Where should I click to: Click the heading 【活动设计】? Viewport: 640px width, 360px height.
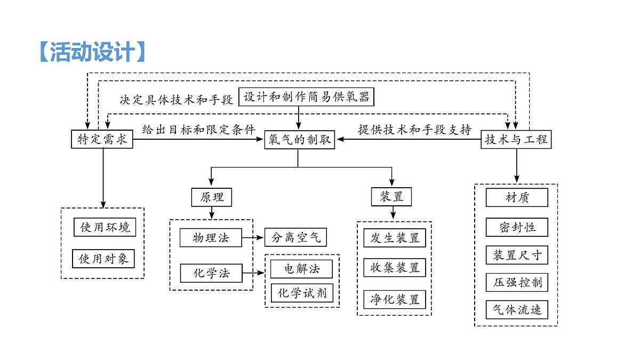pyautogui.click(x=92, y=52)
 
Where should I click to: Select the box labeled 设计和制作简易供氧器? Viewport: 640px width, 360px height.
pyautogui.click(x=306, y=97)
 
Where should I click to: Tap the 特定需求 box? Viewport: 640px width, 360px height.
pyautogui.click(x=102, y=140)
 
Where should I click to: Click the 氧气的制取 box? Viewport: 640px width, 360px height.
pyautogui.click(x=298, y=140)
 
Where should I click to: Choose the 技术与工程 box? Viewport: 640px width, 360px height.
pyautogui.click(x=516, y=140)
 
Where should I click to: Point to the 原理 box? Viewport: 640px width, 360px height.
pyautogui.click(x=212, y=197)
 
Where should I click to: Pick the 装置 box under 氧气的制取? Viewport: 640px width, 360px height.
pyautogui.click(x=392, y=197)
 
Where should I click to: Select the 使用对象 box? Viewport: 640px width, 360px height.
pyautogui.click(x=103, y=259)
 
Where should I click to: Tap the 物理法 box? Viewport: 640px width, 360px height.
pyautogui.click(x=211, y=237)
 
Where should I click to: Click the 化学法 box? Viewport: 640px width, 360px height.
pyautogui.click(x=211, y=274)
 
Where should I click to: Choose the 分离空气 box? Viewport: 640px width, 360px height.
pyautogui.click(x=295, y=237)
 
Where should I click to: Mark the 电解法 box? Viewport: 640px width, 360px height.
pyautogui.click(x=302, y=269)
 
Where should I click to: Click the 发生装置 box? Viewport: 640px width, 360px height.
pyautogui.click(x=395, y=237)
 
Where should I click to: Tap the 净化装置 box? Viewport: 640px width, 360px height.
pyautogui.click(x=395, y=299)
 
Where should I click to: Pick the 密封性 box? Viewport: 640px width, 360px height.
pyautogui.click(x=517, y=227)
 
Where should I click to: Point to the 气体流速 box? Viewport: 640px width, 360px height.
pyautogui.click(x=517, y=309)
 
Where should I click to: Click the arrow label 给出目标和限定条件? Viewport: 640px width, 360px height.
pyautogui.click(x=198, y=130)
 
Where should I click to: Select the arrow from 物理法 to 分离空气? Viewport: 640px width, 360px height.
pyautogui.click(x=253, y=237)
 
